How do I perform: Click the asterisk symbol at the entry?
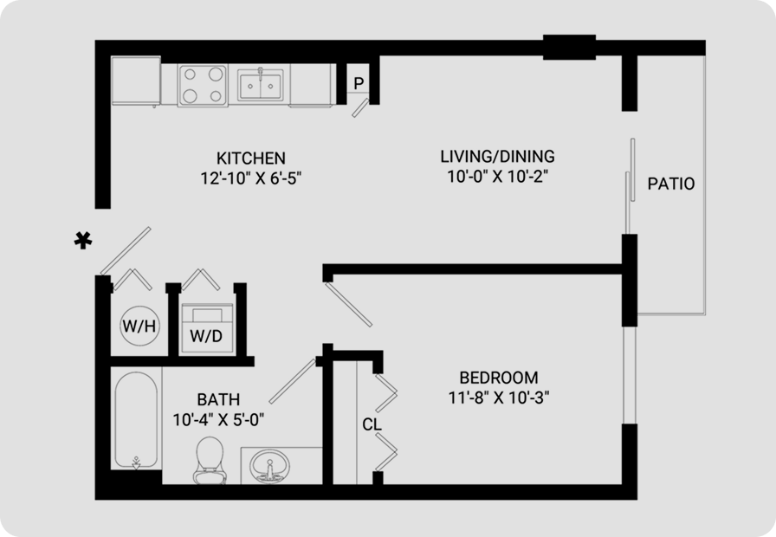[x=83, y=240]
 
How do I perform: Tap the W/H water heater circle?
[x=139, y=326]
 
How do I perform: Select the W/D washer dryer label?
[x=206, y=336]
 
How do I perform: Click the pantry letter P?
[x=359, y=83]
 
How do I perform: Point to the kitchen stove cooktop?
[x=203, y=85]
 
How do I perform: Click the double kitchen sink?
[x=261, y=85]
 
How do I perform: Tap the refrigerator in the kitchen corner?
[x=136, y=81]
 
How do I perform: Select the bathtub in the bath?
[x=136, y=420]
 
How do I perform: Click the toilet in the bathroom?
[x=210, y=460]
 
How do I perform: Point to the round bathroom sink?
[x=269, y=466]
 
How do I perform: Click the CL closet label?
[x=372, y=424]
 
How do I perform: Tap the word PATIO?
[x=671, y=184]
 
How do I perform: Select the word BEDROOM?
[x=499, y=378]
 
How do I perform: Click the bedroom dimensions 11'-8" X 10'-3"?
[x=499, y=398]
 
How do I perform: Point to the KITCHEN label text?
[x=251, y=158]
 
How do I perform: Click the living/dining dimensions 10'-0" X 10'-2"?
[x=498, y=176]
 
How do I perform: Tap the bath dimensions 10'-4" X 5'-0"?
[x=218, y=420]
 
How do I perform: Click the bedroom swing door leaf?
[x=348, y=303]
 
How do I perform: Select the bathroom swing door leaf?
[x=293, y=381]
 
